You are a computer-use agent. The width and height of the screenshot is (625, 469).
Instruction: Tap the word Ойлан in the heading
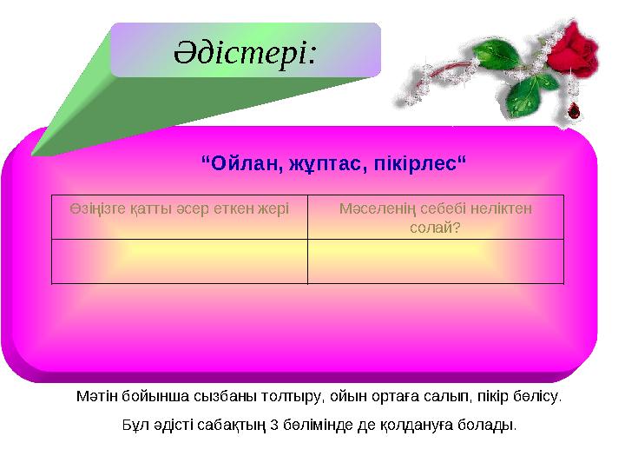coord(240,162)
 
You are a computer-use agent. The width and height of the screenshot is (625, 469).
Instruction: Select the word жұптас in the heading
coord(317,162)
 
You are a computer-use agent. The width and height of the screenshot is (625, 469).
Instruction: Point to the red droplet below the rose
coord(574,111)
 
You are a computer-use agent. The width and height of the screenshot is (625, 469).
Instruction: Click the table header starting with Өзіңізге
coord(179,209)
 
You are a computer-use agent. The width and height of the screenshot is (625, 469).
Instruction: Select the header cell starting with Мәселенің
coord(435,217)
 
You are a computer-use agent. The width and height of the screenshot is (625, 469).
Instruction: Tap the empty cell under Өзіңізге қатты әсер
coord(179,261)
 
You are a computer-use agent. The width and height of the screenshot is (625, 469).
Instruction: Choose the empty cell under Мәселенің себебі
coord(435,261)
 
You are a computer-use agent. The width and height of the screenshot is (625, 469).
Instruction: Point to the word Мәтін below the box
coord(94,397)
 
